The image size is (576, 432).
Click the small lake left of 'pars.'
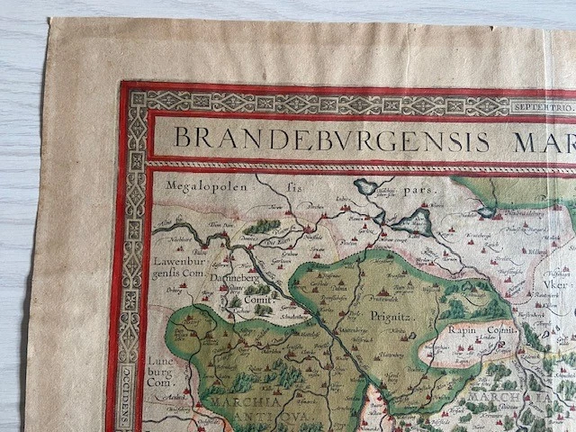point(367,187)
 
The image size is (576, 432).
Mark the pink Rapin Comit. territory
point(468,345)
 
